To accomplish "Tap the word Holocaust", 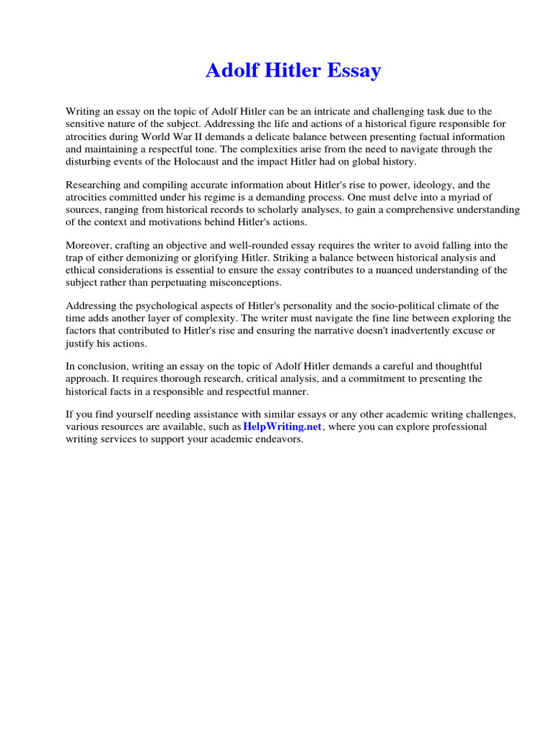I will coord(193,162).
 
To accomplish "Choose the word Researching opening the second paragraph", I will coord(93,185).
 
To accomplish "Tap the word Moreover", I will coord(88,245).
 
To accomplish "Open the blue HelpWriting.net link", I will coord(283,427).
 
